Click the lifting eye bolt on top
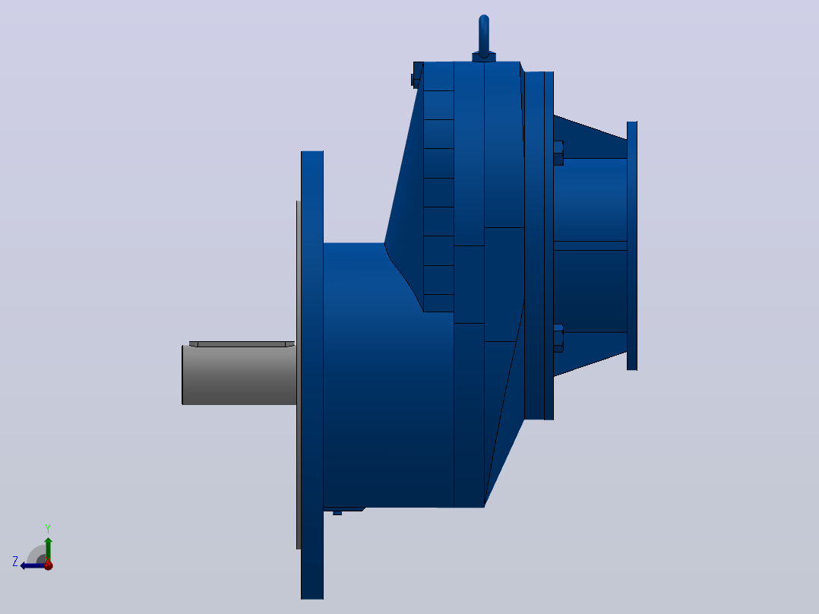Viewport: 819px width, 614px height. click(x=484, y=36)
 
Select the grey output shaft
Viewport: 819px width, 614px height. click(x=239, y=375)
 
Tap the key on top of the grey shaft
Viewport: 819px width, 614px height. click(x=242, y=343)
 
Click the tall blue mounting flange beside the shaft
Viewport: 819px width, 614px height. click(x=312, y=375)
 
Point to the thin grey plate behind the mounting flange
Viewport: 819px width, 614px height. click(x=299, y=375)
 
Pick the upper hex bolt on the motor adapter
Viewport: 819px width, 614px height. click(x=558, y=153)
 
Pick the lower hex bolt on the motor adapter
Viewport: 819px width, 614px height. click(x=558, y=339)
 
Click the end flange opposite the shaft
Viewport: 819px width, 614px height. click(x=632, y=245)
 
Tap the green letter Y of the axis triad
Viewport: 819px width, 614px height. click(x=48, y=529)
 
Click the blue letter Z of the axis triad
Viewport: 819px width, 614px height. click(x=15, y=562)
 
